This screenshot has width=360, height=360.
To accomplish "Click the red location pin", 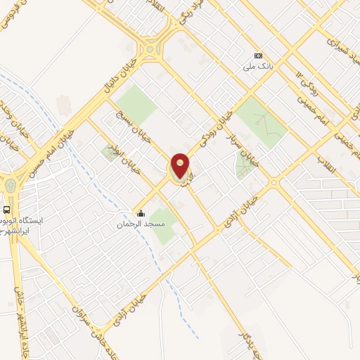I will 180,166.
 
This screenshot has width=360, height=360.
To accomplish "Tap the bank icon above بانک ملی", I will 258,56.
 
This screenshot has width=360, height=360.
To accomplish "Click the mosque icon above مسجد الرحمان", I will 141,214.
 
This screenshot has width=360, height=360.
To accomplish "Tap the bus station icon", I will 6,209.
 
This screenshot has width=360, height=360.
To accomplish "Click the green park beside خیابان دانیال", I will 136,105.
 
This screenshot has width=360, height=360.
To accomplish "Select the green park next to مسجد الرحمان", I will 163,225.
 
